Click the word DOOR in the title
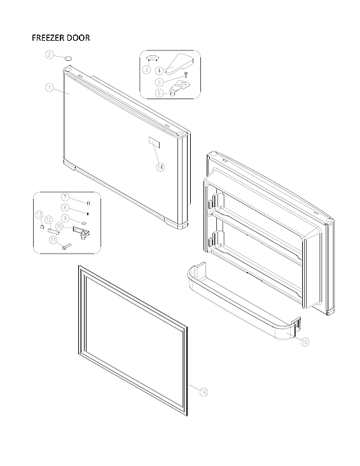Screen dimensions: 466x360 (x=78, y=38)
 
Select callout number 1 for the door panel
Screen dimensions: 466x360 (x=49, y=87)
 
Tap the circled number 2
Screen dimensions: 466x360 (x=50, y=55)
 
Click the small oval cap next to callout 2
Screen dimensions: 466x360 (x=67, y=58)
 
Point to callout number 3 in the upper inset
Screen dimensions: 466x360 (x=146, y=69)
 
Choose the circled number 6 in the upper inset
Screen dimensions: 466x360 (x=159, y=93)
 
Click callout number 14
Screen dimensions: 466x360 (x=160, y=167)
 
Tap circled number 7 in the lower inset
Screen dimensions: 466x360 (x=65, y=196)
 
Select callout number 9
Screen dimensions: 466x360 (x=65, y=218)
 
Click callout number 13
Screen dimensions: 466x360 (x=39, y=215)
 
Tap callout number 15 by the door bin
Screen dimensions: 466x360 (x=305, y=341)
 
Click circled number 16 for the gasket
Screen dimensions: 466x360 (x=203, y=392)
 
